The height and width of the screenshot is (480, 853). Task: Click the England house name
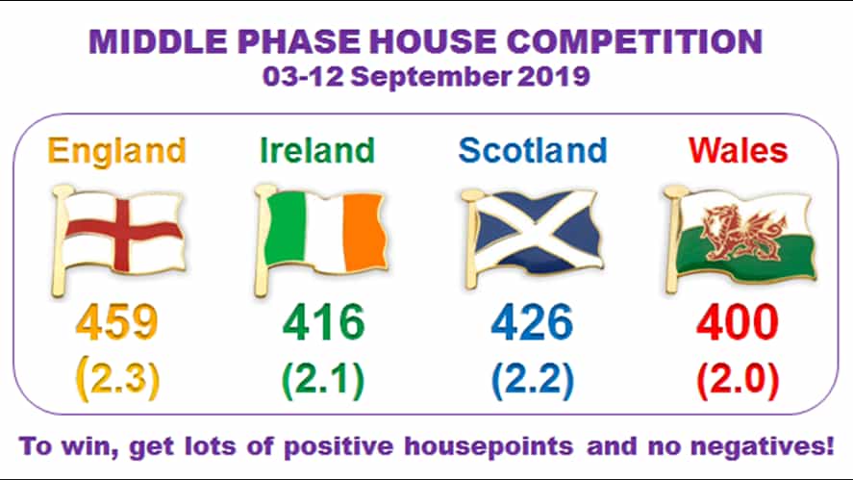[x=117, y=150]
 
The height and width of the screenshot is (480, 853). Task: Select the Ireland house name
[x=316, y=150]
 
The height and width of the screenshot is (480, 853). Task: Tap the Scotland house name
[x=533, y=150]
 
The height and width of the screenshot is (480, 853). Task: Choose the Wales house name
[x=738, y=150]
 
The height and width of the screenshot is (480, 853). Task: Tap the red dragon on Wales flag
[x=738, y=229]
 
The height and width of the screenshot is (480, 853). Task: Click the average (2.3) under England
[x=117, y=380]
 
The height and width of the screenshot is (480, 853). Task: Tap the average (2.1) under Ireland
[x=323, y=380]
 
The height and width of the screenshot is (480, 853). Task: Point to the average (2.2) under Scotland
[x=532, y=380]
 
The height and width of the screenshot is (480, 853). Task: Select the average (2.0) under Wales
[x=738, y=380]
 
